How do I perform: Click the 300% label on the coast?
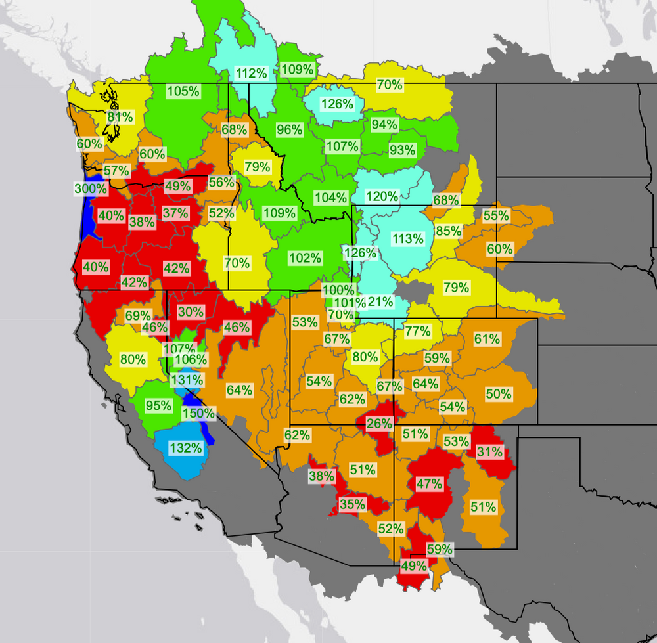point(90,189)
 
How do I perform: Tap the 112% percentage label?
point(251,73)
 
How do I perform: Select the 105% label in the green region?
point(183,91)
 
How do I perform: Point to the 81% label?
point(120,117)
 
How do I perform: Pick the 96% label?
point(289,129)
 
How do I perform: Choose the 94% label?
point(384,124)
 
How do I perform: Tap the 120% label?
point(382,196)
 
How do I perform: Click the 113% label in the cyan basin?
point(407,238)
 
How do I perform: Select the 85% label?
point(448,231)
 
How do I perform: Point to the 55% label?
point(496,215)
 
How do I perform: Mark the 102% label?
point(305,258)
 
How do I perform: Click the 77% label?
point(417,331)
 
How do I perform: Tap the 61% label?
point(487,339)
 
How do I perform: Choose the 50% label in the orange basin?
point(498,394)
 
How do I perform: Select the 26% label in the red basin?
point(379,424)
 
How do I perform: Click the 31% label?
point(490,452)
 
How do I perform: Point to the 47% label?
point(430,484)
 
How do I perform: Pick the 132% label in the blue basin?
point(185,448)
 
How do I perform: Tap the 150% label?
point(198,413)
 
